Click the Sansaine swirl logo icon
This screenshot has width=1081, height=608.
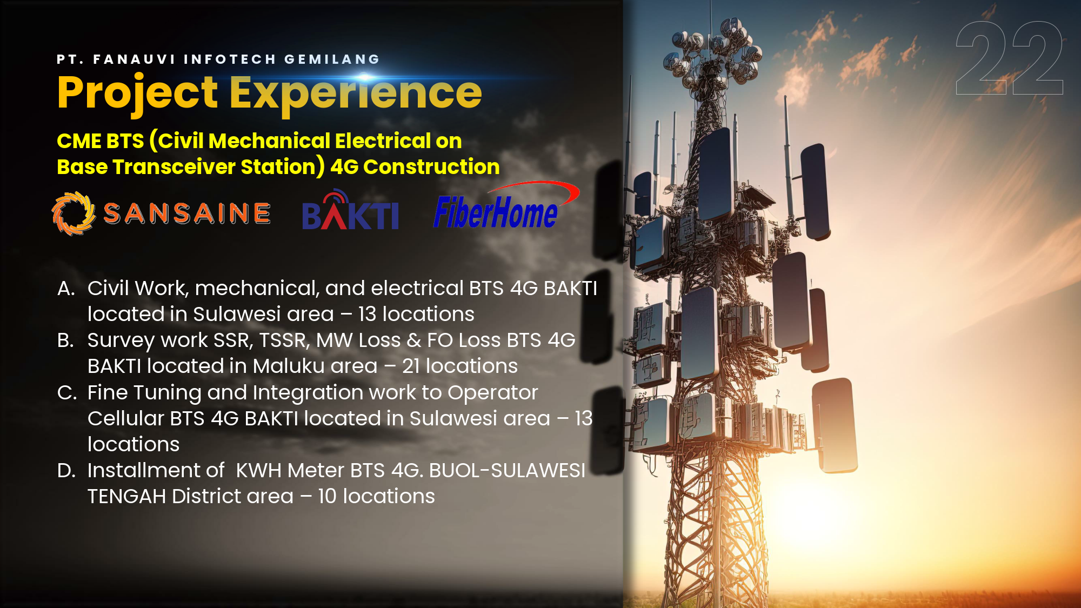click(x=74, y=213)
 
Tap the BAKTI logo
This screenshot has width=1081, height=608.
click(x=350, y=210)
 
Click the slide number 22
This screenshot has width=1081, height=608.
click(x=1009, y=58)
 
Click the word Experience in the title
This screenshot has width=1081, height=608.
click(x=356, y=93)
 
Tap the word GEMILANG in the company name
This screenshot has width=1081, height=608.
click(x=332, y=59)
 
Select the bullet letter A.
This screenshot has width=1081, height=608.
click(x=66, y=289)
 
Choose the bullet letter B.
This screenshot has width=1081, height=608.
click(x=65, y=340)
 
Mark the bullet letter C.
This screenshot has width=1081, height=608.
click(x=67, y=393)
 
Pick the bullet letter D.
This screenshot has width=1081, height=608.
click(x=66, y=471)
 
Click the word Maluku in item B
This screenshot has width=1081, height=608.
click(x=288, y=366)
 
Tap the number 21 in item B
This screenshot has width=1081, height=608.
click(x=411, y=366)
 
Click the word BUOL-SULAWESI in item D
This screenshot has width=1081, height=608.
click(x=507, y=471)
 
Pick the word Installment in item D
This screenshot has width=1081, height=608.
click(x=156, y=471)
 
